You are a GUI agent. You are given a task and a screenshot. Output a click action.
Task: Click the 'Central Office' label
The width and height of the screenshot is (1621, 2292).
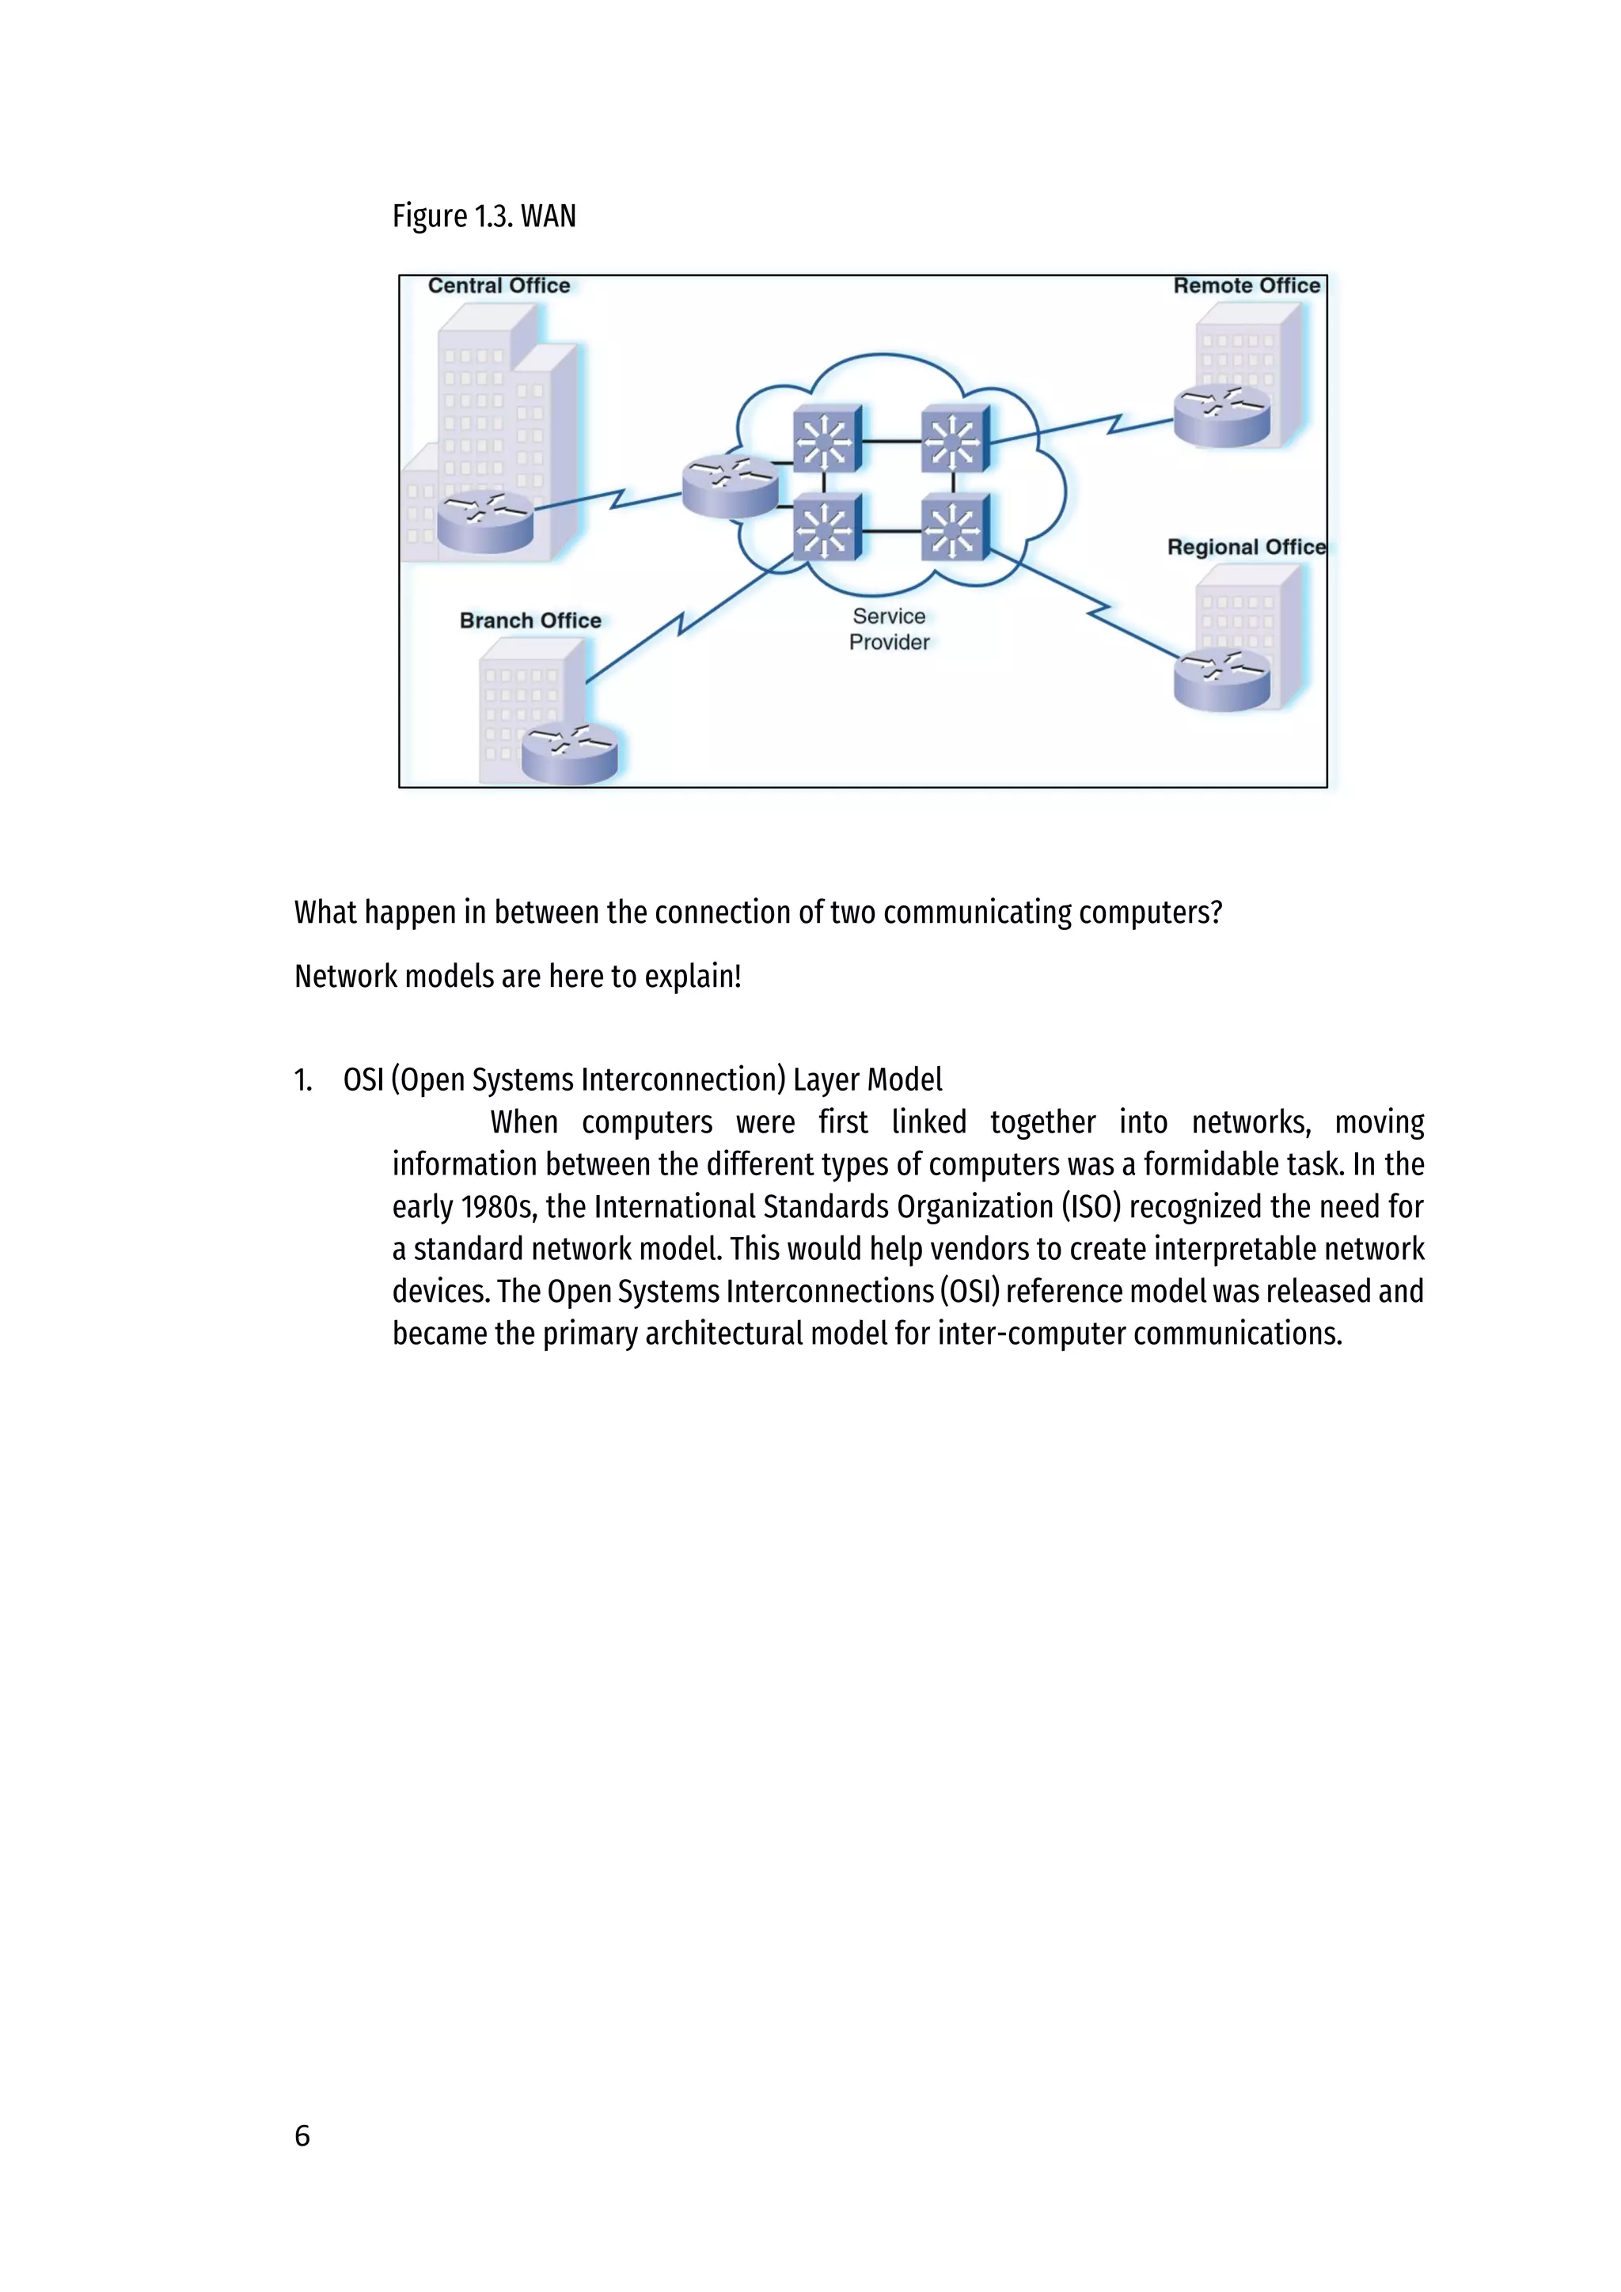(x=499, y=286)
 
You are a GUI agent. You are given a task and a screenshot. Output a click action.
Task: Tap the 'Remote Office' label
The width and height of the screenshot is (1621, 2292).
(x=1247, y=286)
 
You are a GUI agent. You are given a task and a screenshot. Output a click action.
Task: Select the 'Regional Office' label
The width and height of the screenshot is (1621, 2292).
(x=1246, y=547)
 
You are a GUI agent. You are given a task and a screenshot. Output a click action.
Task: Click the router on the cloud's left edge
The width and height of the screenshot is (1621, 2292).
(x=730, y=485)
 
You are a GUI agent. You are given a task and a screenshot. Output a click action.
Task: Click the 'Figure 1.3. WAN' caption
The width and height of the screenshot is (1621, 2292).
(x=484, y=215)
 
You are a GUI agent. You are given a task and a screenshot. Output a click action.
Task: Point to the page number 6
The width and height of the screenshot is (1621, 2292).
(x=302, y=2135)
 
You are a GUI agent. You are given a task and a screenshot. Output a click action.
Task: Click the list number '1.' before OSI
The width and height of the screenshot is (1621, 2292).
(x=303, y=1080)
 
